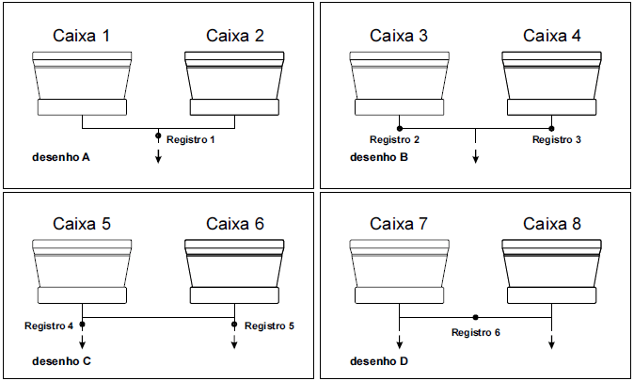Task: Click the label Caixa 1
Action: (82, 37)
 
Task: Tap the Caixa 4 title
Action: (552, 37)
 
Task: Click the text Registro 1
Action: (191, 139)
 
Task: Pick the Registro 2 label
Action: (394, 140)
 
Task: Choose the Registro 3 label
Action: (557, 140)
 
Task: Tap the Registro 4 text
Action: (49, 325)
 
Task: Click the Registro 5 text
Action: (270, 325)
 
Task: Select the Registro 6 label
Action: (475, 332)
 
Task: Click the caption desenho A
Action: (60, 157)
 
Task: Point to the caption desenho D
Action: (379, 360)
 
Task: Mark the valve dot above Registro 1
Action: (158, 135)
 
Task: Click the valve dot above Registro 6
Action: (476, 317)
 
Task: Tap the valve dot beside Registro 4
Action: (83, 325)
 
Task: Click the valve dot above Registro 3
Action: (552, 127)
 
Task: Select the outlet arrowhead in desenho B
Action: (476, 156)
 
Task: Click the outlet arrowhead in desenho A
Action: (158, 156)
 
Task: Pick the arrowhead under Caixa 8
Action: (552, 344)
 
